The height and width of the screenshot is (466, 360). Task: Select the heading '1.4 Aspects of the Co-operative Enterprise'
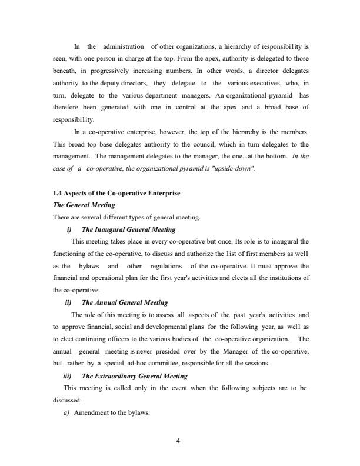[x=116, y=194]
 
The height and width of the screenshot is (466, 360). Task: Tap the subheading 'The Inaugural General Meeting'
[x=128, y=229]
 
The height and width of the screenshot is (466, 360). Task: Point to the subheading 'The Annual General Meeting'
[x=125, y=302]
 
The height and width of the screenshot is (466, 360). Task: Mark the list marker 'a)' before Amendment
[x=66, y=412]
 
